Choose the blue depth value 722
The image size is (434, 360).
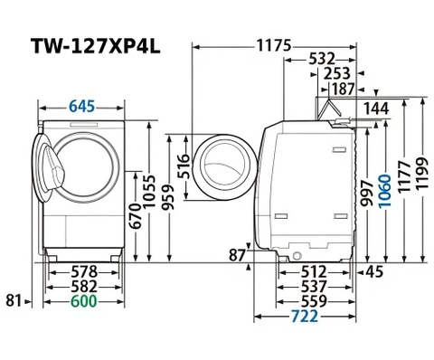pyautogui.click(x=307, y=317)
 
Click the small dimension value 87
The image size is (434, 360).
pyautogui.click(x=238, y=256)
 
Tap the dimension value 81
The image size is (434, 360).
pyautogui.click(x=13, y=299)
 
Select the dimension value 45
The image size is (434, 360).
pyautogui.click(x=374, y=271)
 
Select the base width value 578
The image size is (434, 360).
pyautogui.click(x=85, y=271)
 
